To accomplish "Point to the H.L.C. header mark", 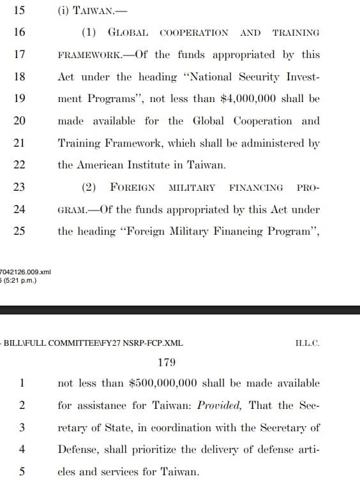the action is click(x=308, y=343).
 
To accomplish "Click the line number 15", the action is click(x=20, y=11).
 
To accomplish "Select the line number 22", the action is click(x=20, y=165).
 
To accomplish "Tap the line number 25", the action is click(x=20, y=231).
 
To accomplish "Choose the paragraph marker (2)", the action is click(x=89, y=187).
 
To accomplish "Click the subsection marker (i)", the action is click(x=63, y=11).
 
